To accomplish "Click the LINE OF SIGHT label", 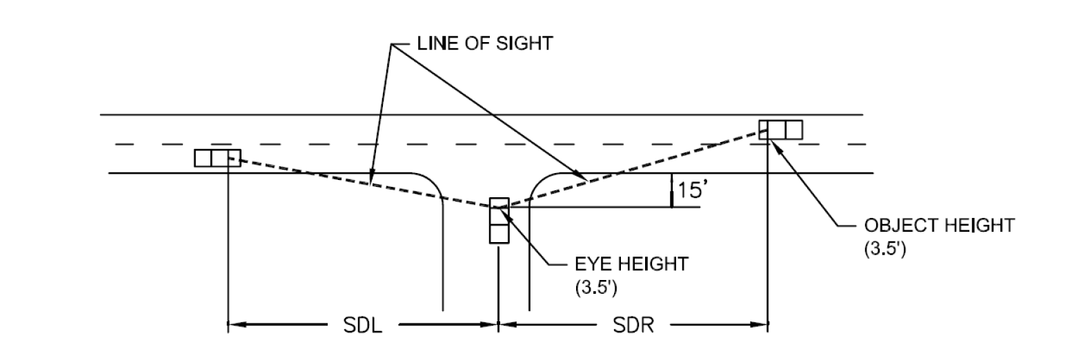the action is (x=485, y=43).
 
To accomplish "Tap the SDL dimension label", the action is (x=363, y=326).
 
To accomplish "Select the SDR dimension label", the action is (x=633, y=326).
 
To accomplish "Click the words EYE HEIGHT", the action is (x=632, y=263).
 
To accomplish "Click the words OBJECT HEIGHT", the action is (x=940, y=225).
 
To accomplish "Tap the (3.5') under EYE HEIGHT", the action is (x=597, y=288).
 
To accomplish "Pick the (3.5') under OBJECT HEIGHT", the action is (x=885, y=249).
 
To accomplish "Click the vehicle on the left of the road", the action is (x=217, y=158).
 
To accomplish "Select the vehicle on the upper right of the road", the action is (x=780, y=130).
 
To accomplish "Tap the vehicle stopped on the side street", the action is (x=500, y=220).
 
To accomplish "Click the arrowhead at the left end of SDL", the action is (x=237, y=325).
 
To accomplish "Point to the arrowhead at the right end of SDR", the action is (x=759, y=325).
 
